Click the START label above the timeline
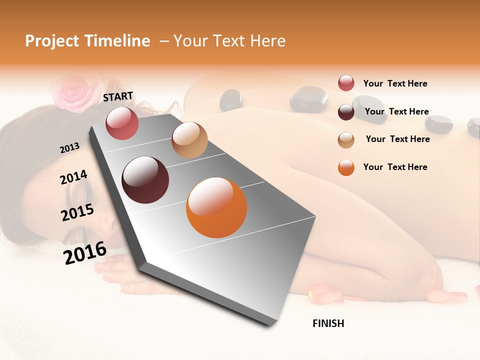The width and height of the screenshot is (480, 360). [x=118, y=96]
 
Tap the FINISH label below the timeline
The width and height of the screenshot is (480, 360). [x=328, y=323]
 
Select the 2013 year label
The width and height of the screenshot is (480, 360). [x=69, y=148]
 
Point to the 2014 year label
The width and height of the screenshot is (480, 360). [x=73, y=177]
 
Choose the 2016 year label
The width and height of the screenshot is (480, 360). [x=85, y=252]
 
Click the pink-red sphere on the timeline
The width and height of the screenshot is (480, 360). [x=122, y=123]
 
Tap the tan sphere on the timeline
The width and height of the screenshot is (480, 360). [x=189, y=140]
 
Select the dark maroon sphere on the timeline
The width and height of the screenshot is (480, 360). [x=145, y=180]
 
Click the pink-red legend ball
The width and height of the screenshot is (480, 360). [x=346, y=83]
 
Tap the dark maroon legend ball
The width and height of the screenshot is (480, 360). [x=346, y=112]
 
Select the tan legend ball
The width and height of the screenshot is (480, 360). [x=346, y=139]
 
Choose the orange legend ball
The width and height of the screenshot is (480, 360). [x=346, y=167]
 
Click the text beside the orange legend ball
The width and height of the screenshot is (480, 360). [x=395, y=167]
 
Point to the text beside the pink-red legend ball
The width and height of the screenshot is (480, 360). [x=395, y=83]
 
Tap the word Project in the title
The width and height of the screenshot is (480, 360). [x=51, y=41]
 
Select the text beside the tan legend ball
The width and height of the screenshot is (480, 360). [x=397, y=139]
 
